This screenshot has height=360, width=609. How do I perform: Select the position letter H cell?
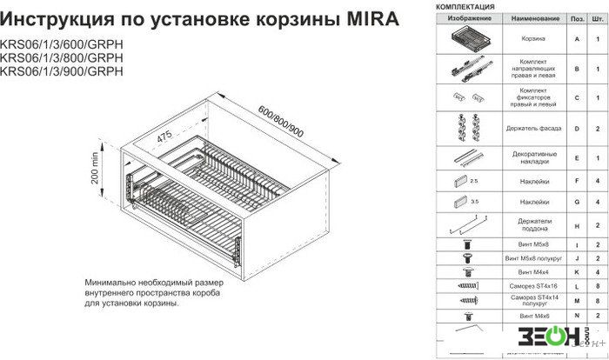coord(576,226)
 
